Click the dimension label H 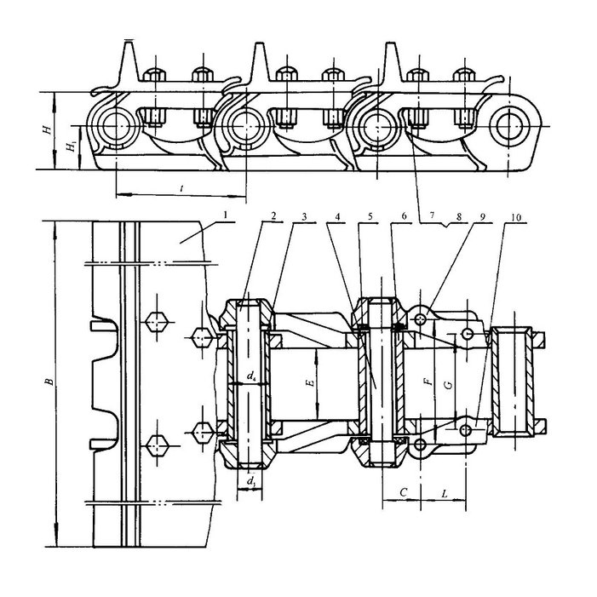point(48,129)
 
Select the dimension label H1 point(72,146)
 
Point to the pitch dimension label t point(182,187)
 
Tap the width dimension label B point(49,382)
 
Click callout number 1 point(226,215)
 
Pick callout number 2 point(273,215)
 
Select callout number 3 point(304,216)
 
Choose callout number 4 point(337,216)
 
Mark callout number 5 point(370,216)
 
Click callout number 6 point(404,216)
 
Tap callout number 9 point(482,216)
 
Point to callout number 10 point(515,217)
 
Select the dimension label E point(312,382)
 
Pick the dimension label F point(429,382)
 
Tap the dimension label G point(450,385)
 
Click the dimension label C point(404,492)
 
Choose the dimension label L point(445,494)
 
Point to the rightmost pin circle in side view point(509,126)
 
